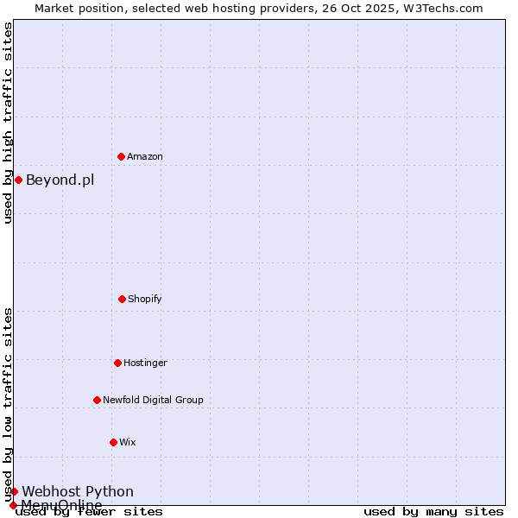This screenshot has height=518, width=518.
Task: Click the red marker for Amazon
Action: [121, 156]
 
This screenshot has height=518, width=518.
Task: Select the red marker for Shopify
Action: [122, 299]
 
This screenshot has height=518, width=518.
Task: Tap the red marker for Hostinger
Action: [117, 363]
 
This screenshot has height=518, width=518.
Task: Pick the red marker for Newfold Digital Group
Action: [97, 400]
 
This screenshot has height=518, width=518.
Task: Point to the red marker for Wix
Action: [113, 442]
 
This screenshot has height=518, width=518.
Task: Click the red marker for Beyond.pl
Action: [18, 180]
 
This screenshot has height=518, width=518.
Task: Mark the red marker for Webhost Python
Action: [14, 491]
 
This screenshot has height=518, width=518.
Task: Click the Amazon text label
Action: [145, 156]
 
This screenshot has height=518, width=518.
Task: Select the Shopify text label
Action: [145, 299]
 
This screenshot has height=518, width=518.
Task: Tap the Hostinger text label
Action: [145, 363]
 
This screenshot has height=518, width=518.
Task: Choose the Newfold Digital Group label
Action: [153, 400]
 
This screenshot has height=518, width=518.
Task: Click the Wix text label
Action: [128, 442]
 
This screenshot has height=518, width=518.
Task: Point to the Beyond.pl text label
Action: [60, 180]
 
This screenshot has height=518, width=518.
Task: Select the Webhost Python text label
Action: [78, 491]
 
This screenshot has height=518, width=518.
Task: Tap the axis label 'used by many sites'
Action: [433, 511]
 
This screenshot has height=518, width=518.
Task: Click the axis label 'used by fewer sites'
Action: [89, 511]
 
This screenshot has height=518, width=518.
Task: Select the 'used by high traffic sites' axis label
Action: [8, 123]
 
